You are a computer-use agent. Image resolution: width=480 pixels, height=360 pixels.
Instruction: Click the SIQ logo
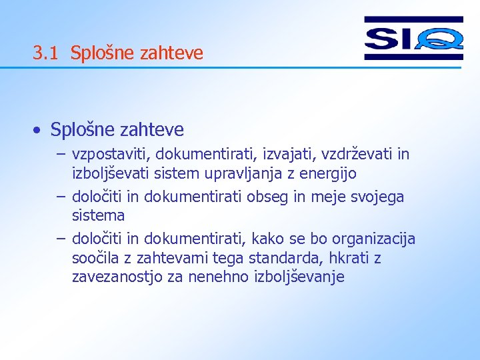coord(413,38)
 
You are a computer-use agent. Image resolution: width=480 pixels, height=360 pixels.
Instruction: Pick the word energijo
coord(327,174)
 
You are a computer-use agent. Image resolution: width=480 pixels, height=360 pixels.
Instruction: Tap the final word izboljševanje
coord(300,277)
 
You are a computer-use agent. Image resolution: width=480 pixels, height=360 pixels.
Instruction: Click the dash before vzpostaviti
coord(61,155)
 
